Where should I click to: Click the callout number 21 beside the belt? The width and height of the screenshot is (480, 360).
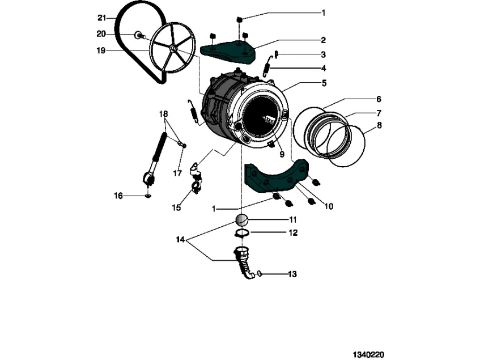pos(101,18)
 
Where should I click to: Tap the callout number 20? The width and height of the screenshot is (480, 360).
pos(101,34)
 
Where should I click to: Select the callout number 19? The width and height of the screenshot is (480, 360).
pos(101,50)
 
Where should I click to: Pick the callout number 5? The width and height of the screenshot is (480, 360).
pos(324,83)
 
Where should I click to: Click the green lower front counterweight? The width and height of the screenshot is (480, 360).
pos(275,180)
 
